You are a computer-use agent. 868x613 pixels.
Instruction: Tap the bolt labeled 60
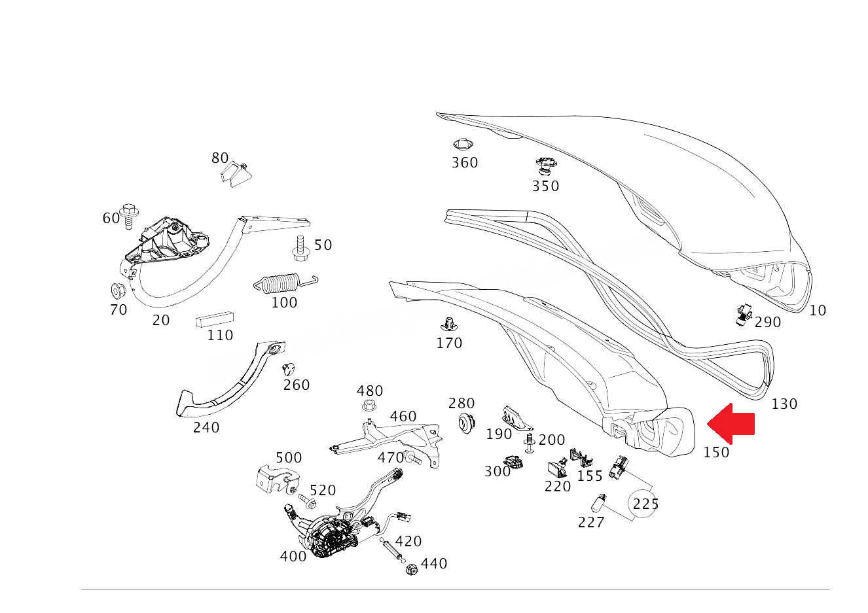[129, 215]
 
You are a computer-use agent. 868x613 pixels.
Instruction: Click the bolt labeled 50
[300, 248]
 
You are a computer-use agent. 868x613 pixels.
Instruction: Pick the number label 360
[465, 163]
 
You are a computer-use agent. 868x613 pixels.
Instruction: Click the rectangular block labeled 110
[215, 319]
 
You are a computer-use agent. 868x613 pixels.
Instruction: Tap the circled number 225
[644, 504]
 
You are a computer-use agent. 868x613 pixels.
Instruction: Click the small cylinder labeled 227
[598, 503]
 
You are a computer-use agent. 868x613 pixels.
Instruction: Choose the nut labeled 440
[412, 570]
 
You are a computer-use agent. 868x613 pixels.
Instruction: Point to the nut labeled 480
[369, 406]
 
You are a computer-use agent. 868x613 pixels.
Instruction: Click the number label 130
[784, 404]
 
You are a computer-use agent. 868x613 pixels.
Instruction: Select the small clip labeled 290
[744, 314]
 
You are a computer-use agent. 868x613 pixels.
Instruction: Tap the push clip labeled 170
[449, 324]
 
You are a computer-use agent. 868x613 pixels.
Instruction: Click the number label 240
[206, 428]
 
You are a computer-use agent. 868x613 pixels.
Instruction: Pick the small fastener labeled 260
[288, 369]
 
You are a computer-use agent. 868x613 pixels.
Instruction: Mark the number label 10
[818, 311]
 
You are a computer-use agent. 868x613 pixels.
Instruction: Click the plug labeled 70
[118, 290]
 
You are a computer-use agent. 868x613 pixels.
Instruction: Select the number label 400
[293, 557]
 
